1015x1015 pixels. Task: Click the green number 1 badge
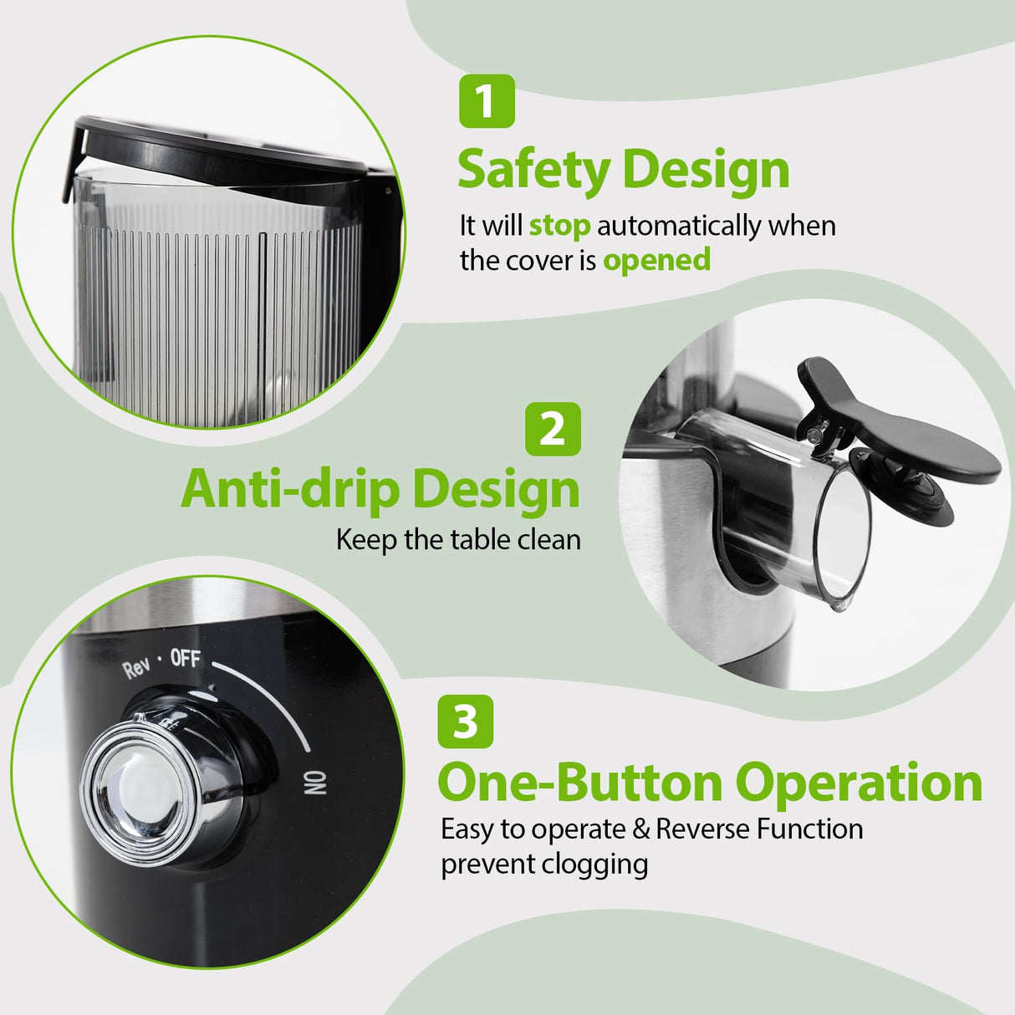(487, 101)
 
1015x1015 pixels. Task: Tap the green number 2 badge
(553, 429)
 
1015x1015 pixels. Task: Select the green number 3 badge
(465, 722)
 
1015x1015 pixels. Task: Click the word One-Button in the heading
(579, 783)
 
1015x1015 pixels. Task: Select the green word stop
(559, 226)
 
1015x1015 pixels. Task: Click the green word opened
(656, 260)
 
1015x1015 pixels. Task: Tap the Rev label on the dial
(136, 669)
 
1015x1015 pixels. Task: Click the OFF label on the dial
(186, 658)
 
